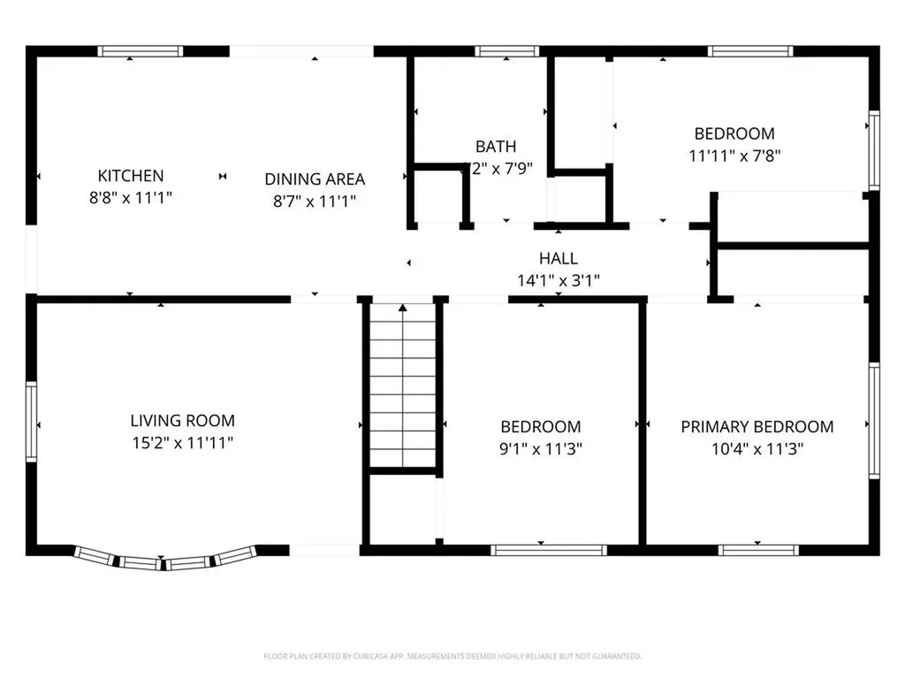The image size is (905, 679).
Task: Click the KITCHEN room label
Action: tap(130, 176)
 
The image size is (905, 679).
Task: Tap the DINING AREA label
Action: tap(315, 179)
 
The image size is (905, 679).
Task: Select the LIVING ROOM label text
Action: tap(182, 421)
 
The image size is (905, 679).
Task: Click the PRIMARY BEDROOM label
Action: tap(757, 427)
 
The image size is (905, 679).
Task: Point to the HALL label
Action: tap(559, 259)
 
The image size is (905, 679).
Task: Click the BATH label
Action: tap(496, 147)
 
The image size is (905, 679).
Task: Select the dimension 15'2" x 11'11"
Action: tap(182, 443)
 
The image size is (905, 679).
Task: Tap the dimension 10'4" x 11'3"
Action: tap(757, 449)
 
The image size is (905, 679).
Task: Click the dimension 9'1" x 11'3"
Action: tap(540, 449)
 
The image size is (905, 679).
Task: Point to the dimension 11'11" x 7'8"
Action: tap(734, 156)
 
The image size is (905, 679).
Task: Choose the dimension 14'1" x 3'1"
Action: tap(559, 281)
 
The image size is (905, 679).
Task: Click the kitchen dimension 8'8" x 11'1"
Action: tap(130, 198)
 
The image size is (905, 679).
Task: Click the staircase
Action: tap(403, 385)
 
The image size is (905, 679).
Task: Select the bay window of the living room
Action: tap(165, 559)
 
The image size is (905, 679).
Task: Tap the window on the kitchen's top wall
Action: tap(140, 51)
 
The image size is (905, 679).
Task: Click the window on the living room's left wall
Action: tap(31, 421)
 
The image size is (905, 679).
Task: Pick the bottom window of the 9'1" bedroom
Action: tap(549, 550)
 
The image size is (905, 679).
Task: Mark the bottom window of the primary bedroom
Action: tap(758, 550)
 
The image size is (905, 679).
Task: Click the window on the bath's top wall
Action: tap(506, 51)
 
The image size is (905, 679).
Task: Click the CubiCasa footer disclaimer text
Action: tap(452, 656)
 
